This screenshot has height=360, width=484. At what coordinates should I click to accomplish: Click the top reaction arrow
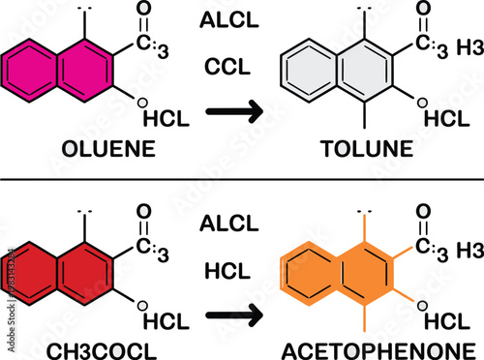(x=236, y=113)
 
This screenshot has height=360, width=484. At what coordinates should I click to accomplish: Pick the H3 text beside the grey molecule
(x=468, y=46)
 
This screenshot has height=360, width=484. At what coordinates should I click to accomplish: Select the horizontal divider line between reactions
(x=242, y=179)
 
